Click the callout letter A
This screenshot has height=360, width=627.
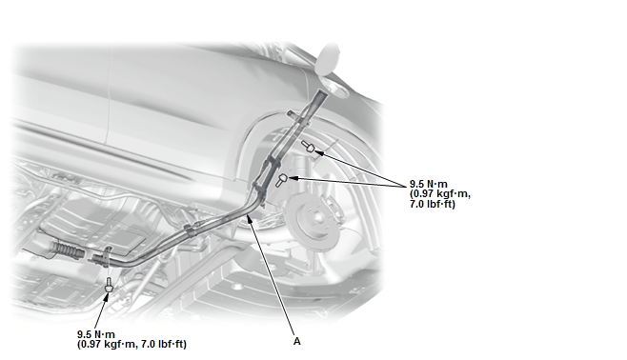(296, 342)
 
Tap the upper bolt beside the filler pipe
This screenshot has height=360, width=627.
(308, 147)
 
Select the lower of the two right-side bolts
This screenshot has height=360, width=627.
(281, 180)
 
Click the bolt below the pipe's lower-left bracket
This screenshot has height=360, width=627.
(108, 285)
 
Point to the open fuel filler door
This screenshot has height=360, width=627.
(329, 58)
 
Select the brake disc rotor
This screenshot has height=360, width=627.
(314, 220)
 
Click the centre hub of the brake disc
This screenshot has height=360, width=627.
(317, 217)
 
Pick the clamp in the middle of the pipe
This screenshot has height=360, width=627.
(190, 230)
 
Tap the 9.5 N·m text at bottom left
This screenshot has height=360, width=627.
(96, 334)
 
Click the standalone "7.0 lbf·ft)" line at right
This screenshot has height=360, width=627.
(433, 204)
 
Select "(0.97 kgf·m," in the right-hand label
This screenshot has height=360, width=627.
(440, 194)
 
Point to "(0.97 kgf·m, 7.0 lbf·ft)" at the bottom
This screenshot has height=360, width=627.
(131, 344)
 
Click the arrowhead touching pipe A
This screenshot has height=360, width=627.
(250, 218)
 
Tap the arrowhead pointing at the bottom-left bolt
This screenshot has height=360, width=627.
(107, 296)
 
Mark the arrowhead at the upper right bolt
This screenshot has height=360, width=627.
(318, 151)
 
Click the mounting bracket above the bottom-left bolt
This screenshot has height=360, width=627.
(107, 256)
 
